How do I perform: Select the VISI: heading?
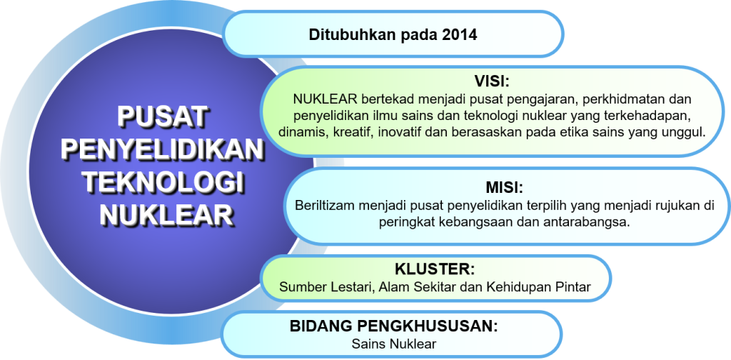coord(492,81)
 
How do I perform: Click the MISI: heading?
coord(501,187)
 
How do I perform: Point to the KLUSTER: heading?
coord(435,269)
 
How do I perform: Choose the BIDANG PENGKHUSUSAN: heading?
coord(394,326)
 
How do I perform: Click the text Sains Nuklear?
coord(394,344)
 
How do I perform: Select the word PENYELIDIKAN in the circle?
coord(163,149)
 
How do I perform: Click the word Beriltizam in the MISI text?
coord(321,206)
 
